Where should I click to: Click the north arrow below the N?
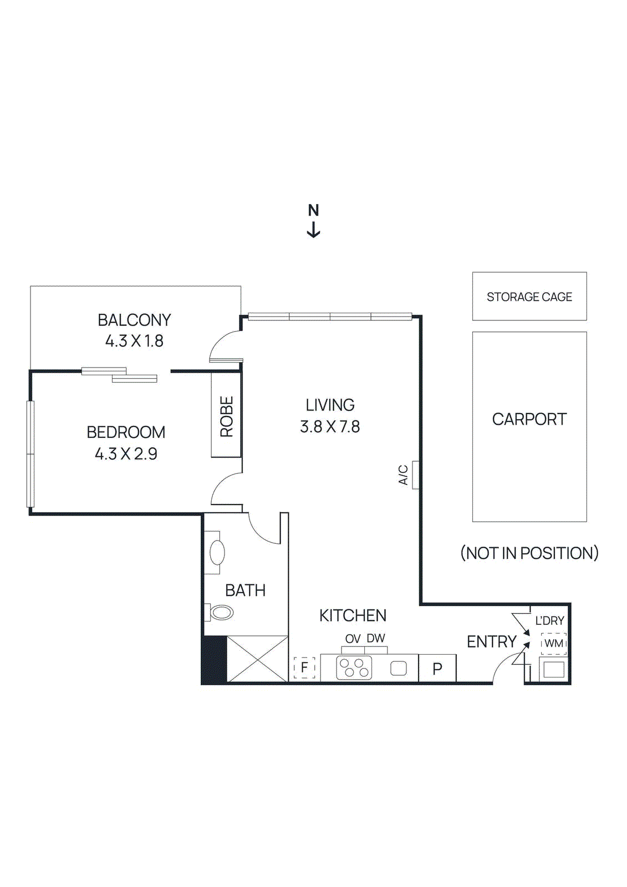[x=313, y=230]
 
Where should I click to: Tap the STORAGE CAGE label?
[x=529, y=297]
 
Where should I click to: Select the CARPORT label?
[x=529, y=419]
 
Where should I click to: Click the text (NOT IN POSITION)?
[x=529, y=553]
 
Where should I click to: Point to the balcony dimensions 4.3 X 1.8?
[x=134, y=341]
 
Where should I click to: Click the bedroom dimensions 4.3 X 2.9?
[x=126, y=454]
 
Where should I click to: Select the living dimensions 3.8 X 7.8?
[x=330, y=427]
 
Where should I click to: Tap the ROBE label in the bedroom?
[x=227, y=416]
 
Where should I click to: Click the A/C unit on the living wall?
[x=415, y=475]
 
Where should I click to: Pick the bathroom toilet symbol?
[x=220, y=613]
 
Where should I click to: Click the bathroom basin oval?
[x=217, y=553]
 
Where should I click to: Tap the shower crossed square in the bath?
[x=257, y=659]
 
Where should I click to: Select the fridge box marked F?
[x=304, y=667]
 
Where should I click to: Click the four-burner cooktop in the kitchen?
[x=354, y=668]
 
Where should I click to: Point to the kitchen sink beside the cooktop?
[x=399, y=668]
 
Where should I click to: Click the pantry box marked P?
[x=437, y=669]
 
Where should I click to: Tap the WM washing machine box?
[x=553, y=644]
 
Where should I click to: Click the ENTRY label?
[x=491, y=642]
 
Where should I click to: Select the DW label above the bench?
[x=375, y=638]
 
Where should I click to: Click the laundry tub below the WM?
[x=553, y=669]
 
